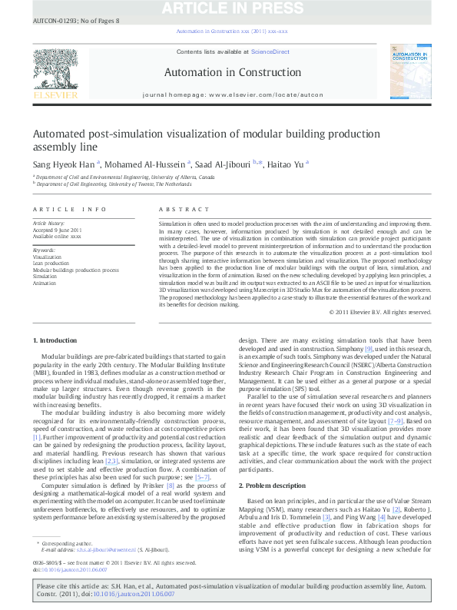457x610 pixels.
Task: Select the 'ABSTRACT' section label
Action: (x=184, y=209)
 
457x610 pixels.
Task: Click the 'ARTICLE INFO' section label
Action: (x=69, y=209)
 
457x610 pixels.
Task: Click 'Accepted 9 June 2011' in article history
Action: (x=57, y=230)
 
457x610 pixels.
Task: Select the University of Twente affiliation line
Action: (x=112, y=184)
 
